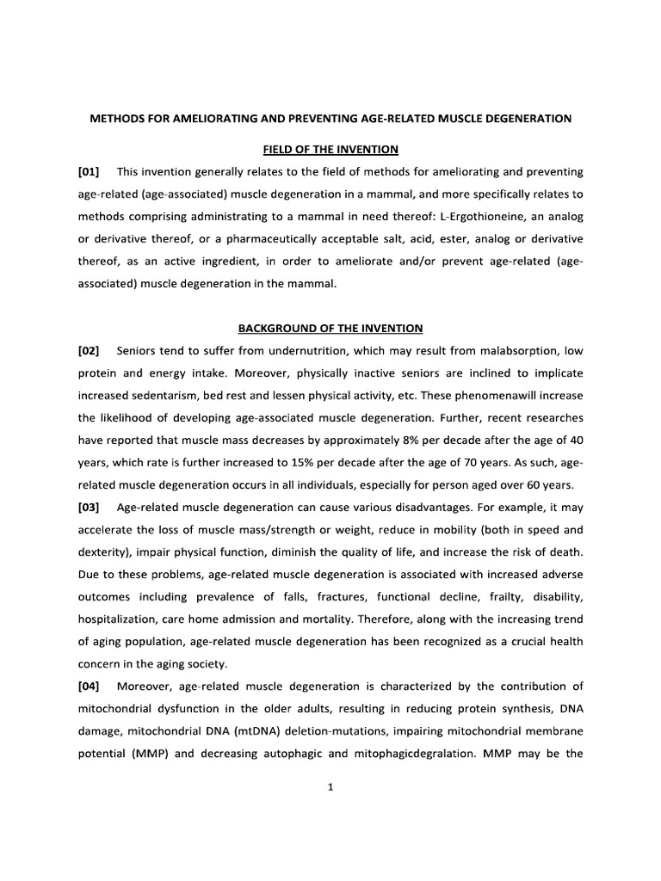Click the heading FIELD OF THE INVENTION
point(331,149)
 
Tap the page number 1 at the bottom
point(330,793)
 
